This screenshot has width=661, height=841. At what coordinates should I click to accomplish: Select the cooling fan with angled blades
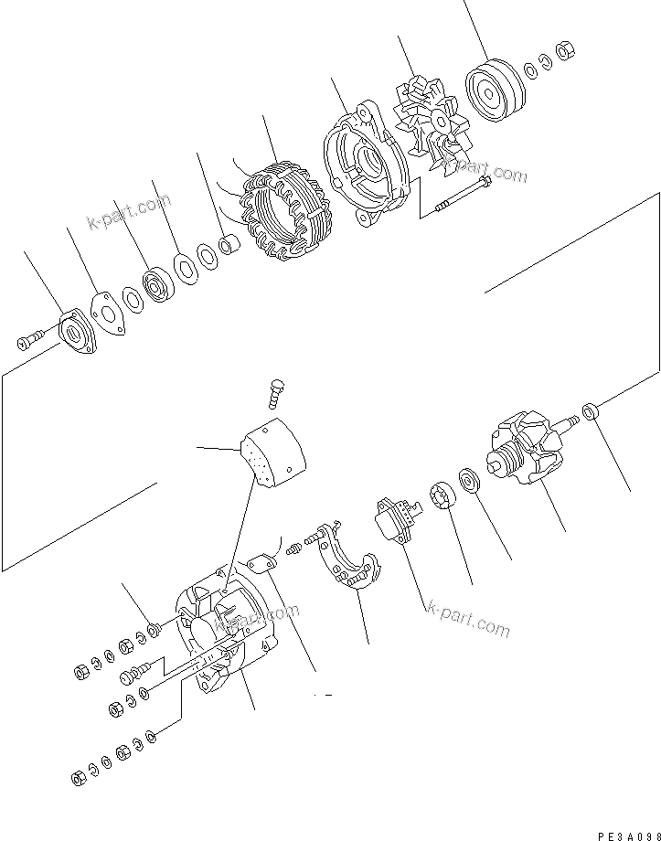click(x=430, y=122)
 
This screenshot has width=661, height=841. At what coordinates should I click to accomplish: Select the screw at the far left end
click(x=27, y=343)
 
